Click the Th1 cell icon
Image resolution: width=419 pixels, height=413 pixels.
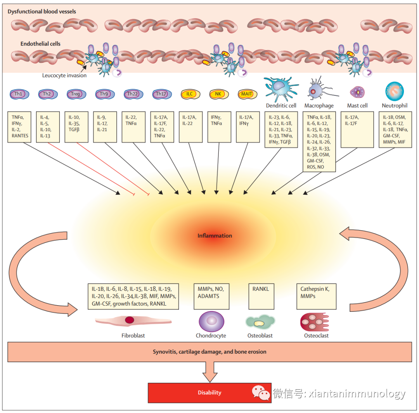click(18, 94)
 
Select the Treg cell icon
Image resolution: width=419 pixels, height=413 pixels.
click(76, 94)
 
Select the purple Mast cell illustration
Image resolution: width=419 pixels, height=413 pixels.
click(357, 92)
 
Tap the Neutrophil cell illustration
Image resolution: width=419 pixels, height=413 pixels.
click(395, 91)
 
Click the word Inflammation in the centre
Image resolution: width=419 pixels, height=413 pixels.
click(215, 236)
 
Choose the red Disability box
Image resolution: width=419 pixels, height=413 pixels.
click(209, 392)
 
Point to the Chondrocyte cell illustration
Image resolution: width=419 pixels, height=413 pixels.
click(211, 321)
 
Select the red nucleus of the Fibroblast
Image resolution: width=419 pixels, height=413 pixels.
click(130, 320)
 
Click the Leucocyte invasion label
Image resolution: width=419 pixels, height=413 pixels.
click(64, 76)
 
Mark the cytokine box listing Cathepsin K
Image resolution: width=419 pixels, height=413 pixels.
click(316, 296)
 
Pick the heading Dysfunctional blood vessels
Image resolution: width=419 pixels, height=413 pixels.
click(42, 12)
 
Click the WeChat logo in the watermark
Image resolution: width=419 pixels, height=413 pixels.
click(261, 392)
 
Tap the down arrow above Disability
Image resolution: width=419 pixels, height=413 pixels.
click(209, 372)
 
